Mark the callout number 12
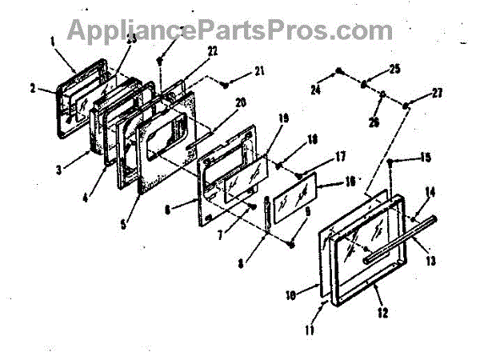click(383, 312)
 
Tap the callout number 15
click(426, 158)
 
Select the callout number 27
click(436, 93)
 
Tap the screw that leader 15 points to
click(390, 163)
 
